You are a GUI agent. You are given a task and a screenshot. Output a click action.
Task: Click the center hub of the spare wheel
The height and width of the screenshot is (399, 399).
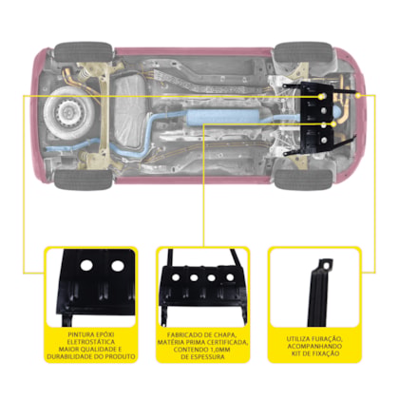(66, 111)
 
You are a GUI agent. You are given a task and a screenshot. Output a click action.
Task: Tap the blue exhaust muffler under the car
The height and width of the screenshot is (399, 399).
(221, 117)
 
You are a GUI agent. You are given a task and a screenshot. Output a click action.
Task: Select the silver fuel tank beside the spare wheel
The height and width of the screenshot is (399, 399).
(130, 111)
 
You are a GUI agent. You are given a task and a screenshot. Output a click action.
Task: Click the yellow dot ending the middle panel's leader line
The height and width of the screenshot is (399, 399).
(333, 124)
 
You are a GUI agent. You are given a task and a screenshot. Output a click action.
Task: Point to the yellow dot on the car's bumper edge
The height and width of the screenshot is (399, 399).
(358, 95)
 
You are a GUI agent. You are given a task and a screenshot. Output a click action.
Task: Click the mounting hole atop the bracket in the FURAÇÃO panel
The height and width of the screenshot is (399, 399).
(327, 263)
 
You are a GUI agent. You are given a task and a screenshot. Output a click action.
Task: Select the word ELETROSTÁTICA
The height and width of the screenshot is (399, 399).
(91, 342)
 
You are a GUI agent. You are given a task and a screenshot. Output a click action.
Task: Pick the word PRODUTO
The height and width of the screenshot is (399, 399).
(121, 356)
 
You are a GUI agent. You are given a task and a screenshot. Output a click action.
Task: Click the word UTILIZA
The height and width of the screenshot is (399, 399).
(299, 339)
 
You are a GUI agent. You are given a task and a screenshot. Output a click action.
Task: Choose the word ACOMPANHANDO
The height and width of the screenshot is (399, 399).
(314, 347)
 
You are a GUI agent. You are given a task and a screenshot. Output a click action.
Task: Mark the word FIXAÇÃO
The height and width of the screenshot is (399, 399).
(326, 353)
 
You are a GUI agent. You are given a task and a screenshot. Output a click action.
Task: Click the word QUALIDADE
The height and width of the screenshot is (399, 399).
(100, 350)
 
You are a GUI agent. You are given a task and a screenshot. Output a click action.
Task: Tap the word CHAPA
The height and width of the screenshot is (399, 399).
(227, 335)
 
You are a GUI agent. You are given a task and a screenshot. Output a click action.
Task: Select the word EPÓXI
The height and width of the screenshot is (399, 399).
(104, 334)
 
